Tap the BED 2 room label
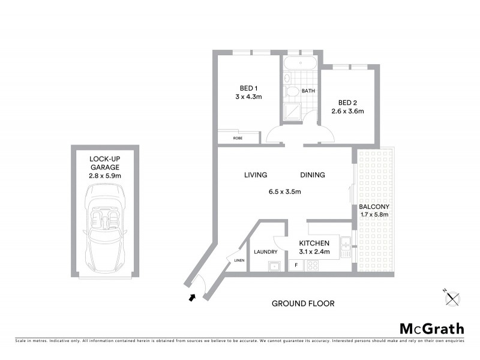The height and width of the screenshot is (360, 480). tap(348, 102)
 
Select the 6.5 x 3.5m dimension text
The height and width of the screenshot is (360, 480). tap(284, 192)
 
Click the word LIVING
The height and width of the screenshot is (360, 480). tap(256, 175)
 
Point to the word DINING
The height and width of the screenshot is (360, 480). tap(313, 175)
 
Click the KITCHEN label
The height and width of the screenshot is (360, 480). tap(314, 243)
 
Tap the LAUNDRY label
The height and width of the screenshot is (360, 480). tap(266, 252)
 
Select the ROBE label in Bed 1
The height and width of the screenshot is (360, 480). tap(239, 138)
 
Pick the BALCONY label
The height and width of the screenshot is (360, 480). tap(373, 206)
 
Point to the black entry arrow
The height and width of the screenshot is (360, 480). tap(193, 296)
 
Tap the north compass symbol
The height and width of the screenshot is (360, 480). tap(453, 296)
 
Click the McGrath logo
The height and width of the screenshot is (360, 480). tap(432, 328)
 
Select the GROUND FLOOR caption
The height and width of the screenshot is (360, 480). tap(303, 304)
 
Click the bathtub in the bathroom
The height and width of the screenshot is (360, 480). tap(300, 63)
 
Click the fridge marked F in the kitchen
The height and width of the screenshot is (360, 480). tap(296, 265)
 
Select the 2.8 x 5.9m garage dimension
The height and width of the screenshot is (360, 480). tap(105, 176)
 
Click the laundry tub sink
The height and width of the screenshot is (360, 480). tap(275, 265)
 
